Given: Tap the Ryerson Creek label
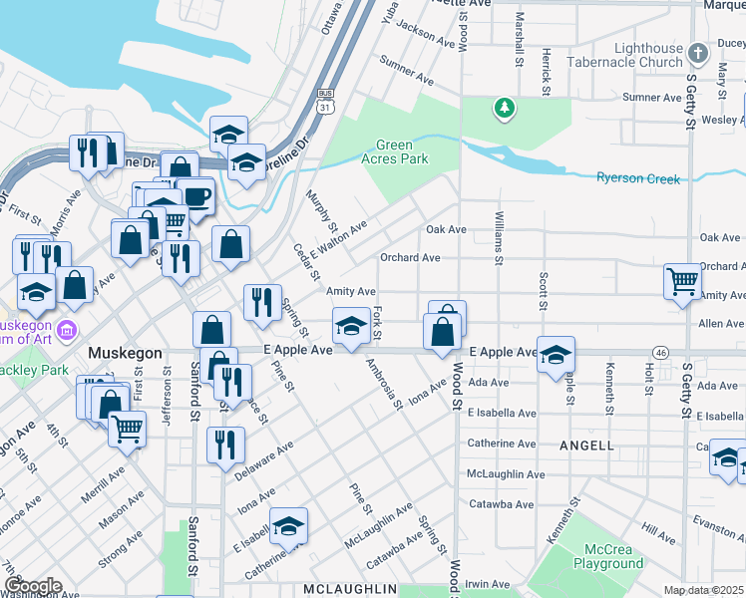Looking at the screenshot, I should (x=638, y=178).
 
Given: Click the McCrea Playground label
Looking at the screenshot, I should (x=607, y=556).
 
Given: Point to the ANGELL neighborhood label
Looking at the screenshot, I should (x=586, y=446).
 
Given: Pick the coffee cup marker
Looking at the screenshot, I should (x=195, y=196).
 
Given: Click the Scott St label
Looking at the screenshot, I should (x=544, y=290).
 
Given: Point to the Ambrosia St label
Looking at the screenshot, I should (x=383, y=383).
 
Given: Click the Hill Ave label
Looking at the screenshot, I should (x=659, y=534).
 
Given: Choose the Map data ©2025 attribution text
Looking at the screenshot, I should (x=704, y=590).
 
